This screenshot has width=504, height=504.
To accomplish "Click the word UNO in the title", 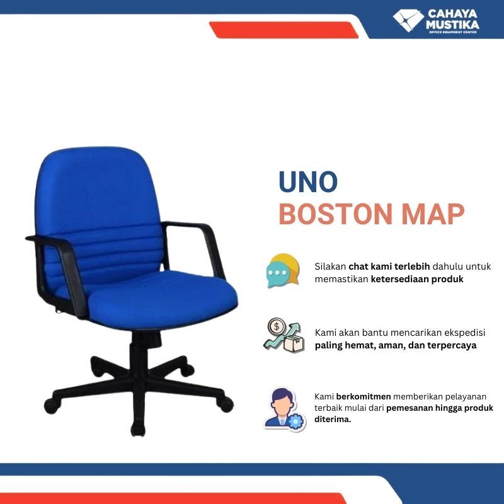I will pos(308,182).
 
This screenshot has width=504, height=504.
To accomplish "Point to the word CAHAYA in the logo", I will pos(453,14).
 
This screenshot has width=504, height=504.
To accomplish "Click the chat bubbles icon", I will pos(282,270).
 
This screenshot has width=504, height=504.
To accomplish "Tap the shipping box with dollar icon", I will pos(283,335).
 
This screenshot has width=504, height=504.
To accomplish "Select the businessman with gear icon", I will pos(283,409).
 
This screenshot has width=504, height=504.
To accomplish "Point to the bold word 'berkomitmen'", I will pos(364,396).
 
